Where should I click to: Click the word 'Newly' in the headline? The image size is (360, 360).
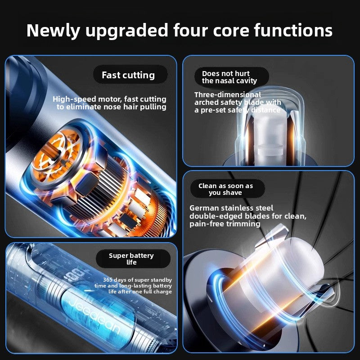pyautogui.click(x=53, y=31)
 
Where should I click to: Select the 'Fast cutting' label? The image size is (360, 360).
pyautogui.click(x=128, y=75)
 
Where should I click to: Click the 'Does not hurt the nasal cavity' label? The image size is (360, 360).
pyautogui.click(x=229, y=77)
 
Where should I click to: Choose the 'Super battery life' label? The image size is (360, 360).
pyautogui.click(x=131, y=259)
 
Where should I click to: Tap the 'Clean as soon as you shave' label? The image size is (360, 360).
pyautogui.click(x=226, y=189)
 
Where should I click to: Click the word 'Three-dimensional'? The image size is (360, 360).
pyautogui.click(x=228, y=94)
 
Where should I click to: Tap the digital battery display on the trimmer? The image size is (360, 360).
pyautogui.click(x=76, y=275)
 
